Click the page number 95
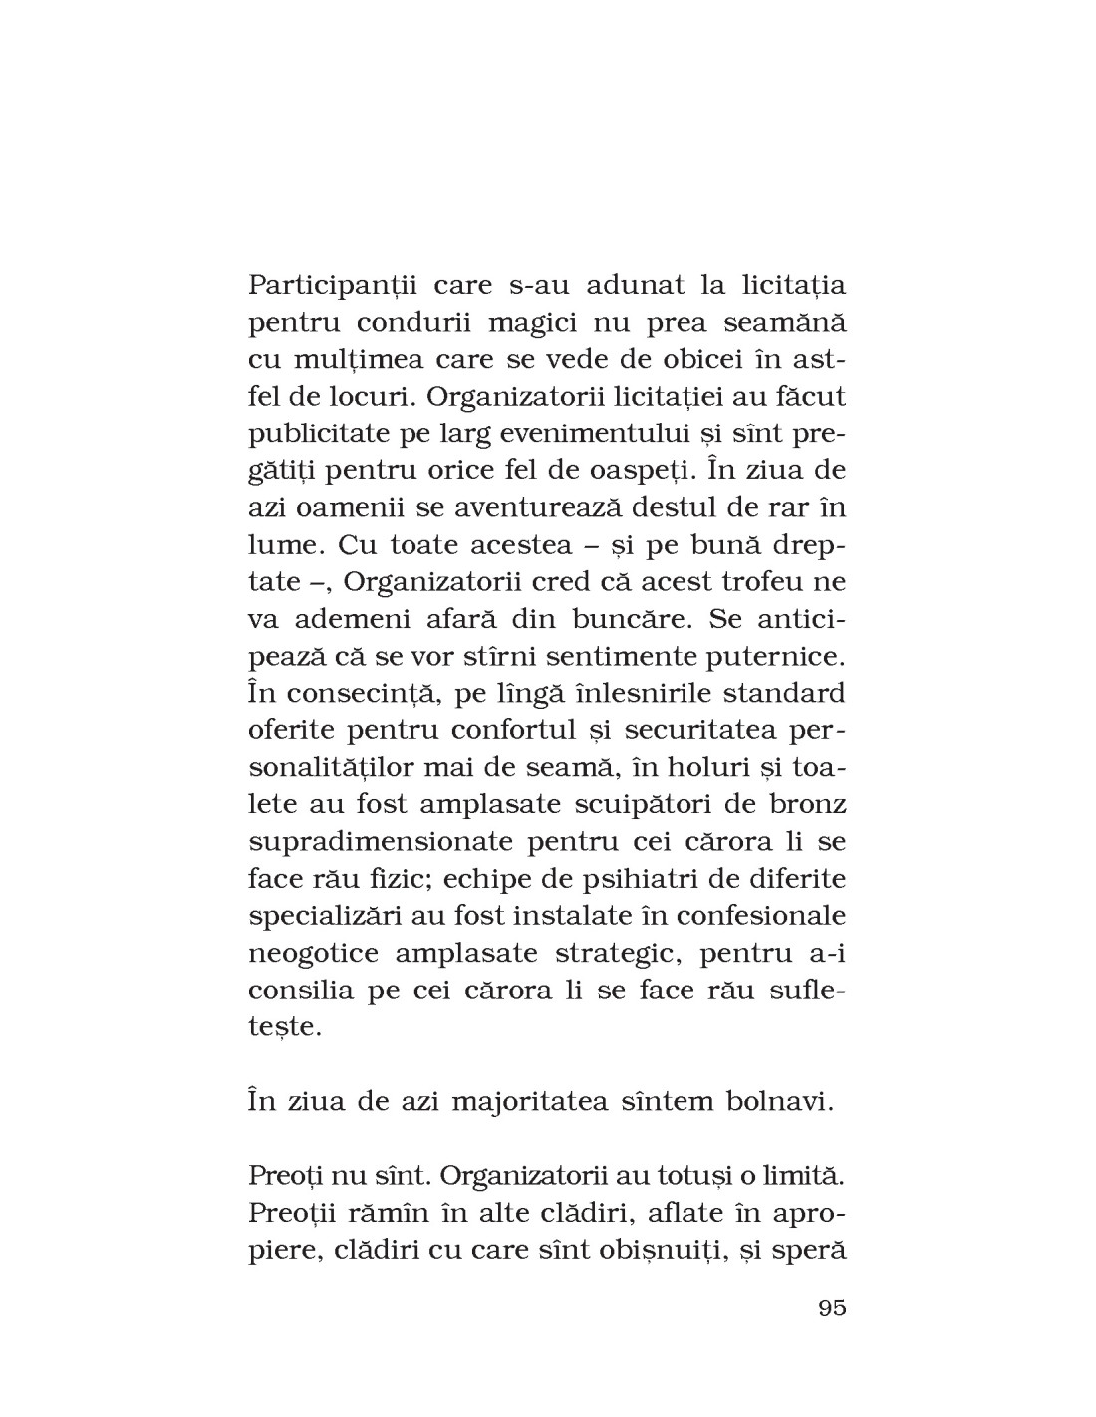tap(831, 1308)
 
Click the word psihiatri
tap(621, 877)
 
